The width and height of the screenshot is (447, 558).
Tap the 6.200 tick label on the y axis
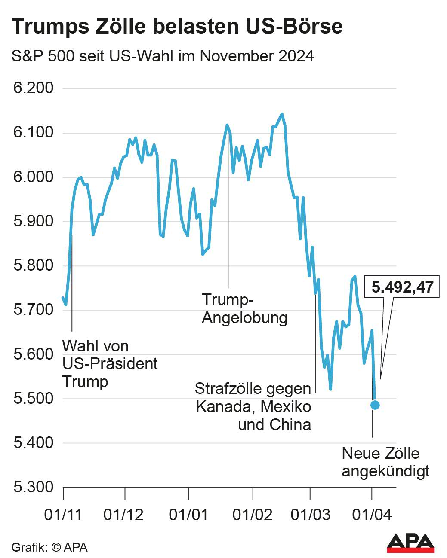pos(34,88)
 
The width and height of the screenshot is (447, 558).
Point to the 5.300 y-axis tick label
pos(34,487)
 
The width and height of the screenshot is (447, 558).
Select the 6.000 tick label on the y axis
pos(34,177)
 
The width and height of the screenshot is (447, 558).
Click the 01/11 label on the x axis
pos(63,515)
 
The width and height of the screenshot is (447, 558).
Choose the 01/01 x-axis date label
pos(188,515)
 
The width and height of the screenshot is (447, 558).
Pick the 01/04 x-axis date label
pos(372,515)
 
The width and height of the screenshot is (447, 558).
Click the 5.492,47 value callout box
pos(402,287)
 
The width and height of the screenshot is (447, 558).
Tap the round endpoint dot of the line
pos(375,405)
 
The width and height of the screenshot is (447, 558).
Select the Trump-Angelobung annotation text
pos(244,309)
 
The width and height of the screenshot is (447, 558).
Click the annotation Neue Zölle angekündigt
pos(385,462)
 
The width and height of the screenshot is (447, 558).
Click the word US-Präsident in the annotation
pos(110,364)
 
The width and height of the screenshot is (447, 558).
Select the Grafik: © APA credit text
pos(49,547)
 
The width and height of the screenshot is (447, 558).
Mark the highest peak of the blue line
pos(282,114)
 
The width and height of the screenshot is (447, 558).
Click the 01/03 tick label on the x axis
pos(310,515)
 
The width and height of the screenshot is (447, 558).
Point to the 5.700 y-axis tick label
pos(34,310)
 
